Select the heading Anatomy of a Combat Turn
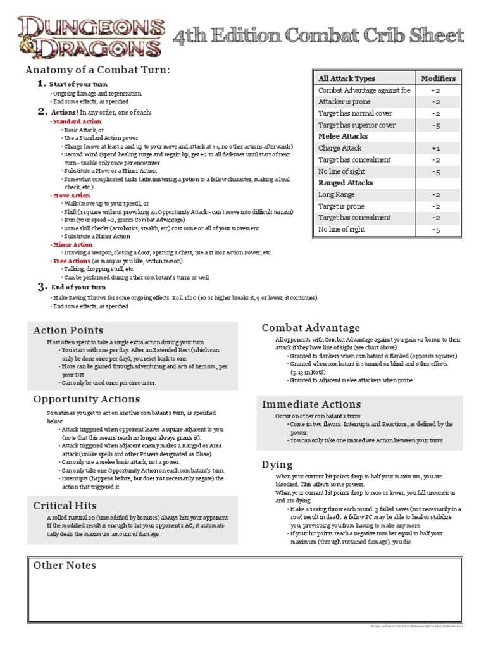(x=97, y=70)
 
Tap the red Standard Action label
(x=77, y=121)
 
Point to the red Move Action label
(x=72, y=196)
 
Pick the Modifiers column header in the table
(x=438, y=78)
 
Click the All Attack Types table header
(x=347, y=78)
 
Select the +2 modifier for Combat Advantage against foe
(x=437, y=90)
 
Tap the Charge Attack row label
(x=340, y=148)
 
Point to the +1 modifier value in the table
(x=437, y=148)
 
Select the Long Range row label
(x=336, y=195)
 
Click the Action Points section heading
(x=68, y=330)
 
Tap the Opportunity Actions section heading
(x=87, y=399)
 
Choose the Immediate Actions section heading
(x=311, y=404)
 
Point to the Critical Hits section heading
(x=65, y=506)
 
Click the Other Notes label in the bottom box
(x=65, y=566)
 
